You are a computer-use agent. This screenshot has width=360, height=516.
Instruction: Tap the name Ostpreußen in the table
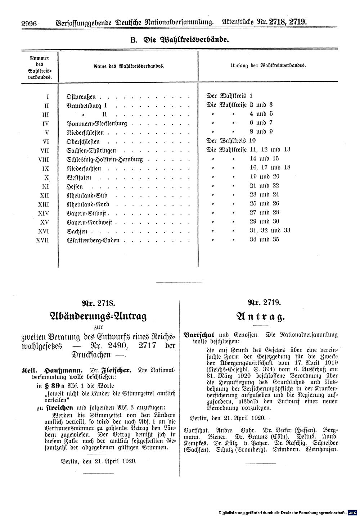[x=81, y=97]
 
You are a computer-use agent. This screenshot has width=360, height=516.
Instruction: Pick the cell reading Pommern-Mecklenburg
[x=97, y=124]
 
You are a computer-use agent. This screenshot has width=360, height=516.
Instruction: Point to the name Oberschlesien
[x=83, y=142]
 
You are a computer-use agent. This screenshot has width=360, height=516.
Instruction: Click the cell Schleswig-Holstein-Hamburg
[x=105, y=160]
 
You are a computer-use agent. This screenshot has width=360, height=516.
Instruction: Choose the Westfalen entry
[x=79, y=178]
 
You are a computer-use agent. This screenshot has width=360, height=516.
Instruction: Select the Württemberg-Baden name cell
[x=93, y=240]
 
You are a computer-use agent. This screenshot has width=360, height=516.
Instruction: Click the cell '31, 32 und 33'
[x=270, y=231]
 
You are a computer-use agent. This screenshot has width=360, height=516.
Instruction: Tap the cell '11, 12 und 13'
[x=270, y=150]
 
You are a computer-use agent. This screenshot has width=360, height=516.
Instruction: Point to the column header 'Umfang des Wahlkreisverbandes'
[x=268, y=66]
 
